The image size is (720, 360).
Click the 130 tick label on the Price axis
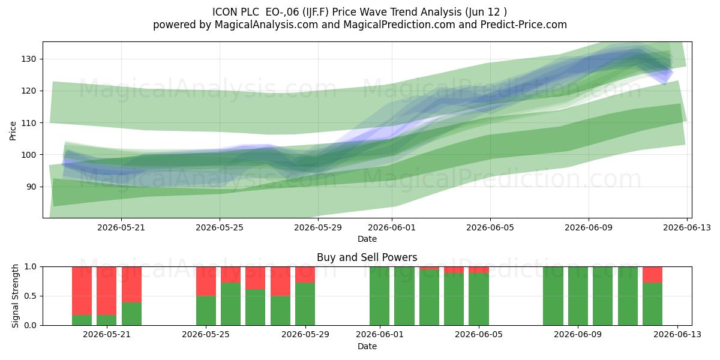click(29, 59)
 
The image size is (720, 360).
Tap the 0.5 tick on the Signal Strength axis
click(31, 296)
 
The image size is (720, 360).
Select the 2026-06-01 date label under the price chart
click(392, 227)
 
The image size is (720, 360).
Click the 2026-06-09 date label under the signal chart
click(578, 335)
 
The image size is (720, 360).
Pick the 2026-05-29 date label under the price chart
click(318, 227)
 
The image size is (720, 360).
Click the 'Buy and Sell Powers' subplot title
click(367, 257)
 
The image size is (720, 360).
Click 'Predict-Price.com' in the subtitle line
click(524, 25)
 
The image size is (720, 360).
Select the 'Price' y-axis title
click(13, 131)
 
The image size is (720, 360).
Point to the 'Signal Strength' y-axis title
click(15, 296)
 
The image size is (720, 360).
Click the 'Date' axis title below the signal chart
click(367, 346)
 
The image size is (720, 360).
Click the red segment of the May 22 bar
click(131, 284)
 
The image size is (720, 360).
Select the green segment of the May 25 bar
click(206, 311)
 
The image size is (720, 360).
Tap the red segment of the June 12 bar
click(653, 275)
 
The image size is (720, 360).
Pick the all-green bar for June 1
click(379, 296)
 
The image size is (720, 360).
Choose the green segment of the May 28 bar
click(280, 311)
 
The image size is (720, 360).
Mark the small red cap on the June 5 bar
click(479, 270)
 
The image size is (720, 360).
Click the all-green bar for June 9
click(578, 296)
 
